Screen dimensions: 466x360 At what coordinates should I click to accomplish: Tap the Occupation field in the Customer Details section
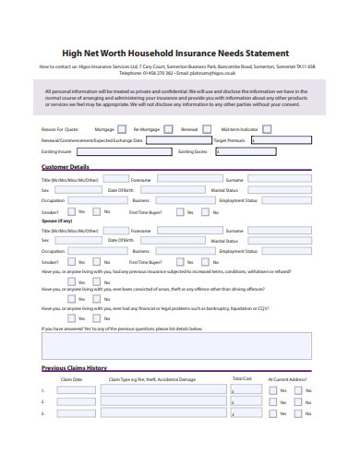96,199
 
